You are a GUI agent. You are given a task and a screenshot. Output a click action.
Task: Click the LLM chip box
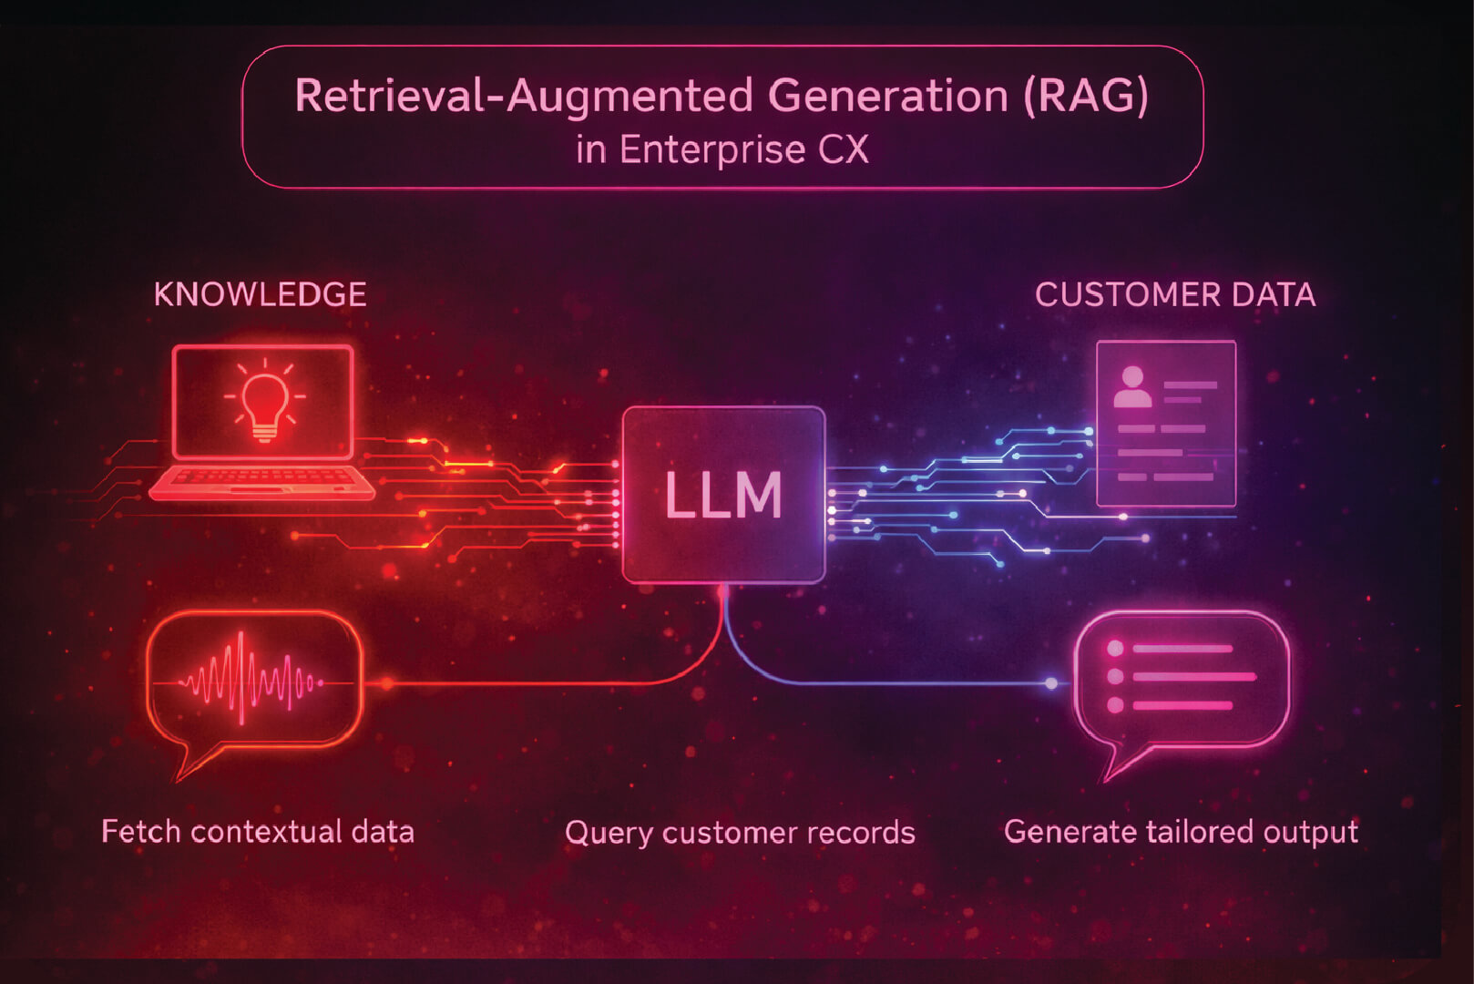click(x=723, y=495)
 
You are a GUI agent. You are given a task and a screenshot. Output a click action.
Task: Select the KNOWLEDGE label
click(x=260, y=294)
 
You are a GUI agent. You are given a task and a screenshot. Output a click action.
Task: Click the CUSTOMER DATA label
click(x=1174, y=294)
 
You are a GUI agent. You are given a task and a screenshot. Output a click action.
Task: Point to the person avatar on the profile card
click(x=1132, y=387)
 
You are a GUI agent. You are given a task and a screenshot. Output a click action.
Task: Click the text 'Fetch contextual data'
click(x=258, y=831)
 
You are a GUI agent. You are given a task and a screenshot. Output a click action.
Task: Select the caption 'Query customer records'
click(x=740, y=832)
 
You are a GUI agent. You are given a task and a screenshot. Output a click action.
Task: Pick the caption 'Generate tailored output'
click(x=1181, y=831)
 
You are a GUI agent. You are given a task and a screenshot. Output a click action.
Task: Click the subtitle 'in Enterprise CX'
click(x=722, y=149)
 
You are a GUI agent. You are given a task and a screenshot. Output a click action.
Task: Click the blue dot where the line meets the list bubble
click(x=1051, y=682)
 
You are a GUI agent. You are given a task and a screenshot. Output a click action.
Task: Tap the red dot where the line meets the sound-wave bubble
click(x=387, y=682)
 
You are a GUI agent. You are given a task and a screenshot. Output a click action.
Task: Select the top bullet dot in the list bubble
click(x=1115, y=649)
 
